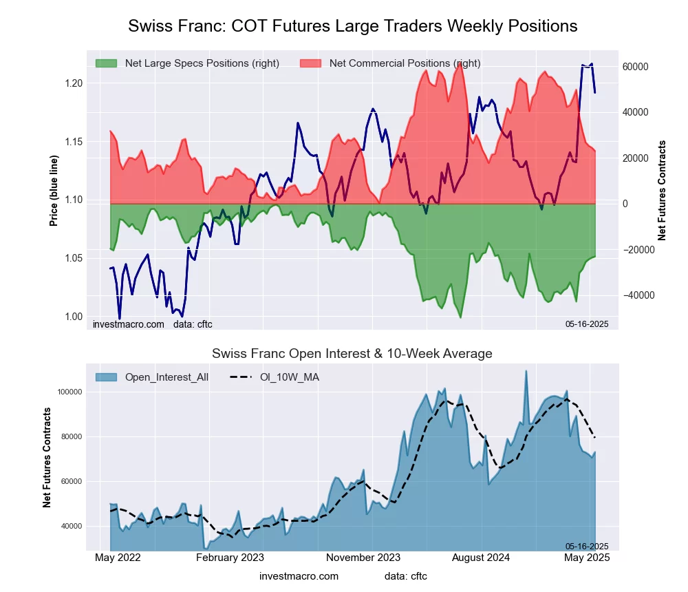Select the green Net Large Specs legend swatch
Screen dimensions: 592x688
tap(107, 63)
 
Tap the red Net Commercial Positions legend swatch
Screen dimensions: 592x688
tap(311, 63)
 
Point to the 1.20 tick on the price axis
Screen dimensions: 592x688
tap(74, 83)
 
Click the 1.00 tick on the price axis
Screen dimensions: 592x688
tap(74, 317)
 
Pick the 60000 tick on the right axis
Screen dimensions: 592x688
tap(636, 67)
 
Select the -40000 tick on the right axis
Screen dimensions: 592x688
tap(636, 295)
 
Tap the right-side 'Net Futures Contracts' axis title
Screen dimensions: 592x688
tap(662, 191)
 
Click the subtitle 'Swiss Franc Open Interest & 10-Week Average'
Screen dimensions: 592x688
tap(352, 354)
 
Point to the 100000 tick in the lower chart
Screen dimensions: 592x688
tap(69, 392)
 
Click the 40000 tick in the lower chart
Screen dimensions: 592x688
tap(72, 527)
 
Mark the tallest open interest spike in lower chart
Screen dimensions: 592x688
tap(526, 372)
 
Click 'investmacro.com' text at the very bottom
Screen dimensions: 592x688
tap(299, 576)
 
